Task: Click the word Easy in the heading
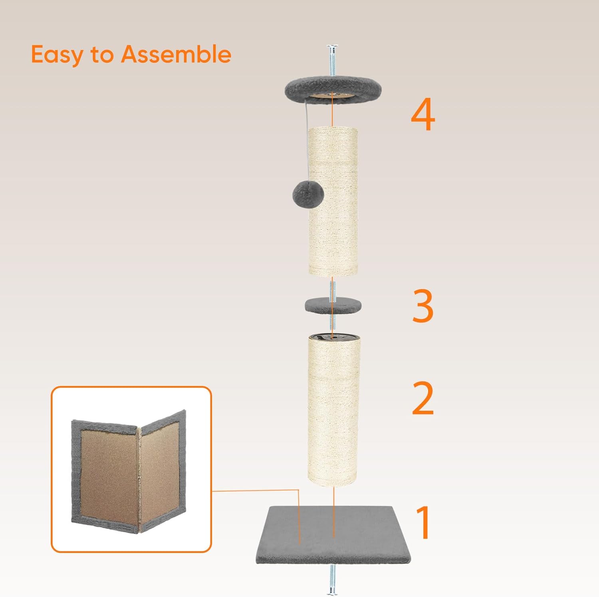[57, 55]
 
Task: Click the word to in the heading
[102, 55]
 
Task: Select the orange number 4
[423, 115]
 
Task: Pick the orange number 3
[423, 306]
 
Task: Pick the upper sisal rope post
[333, 201]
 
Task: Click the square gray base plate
[333, 535]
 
